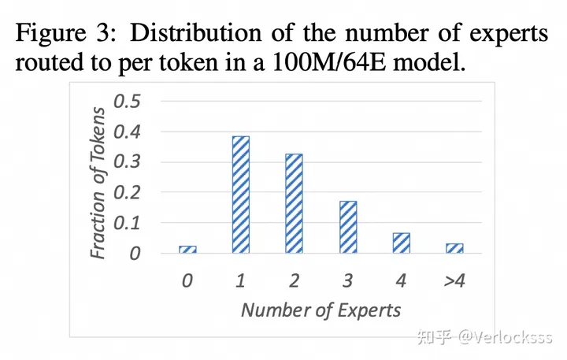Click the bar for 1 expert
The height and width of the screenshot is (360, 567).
click(x=240, y=195)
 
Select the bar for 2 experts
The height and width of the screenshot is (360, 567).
click(x=294, y=203)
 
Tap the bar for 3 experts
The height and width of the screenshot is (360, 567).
click(x=347, y=227)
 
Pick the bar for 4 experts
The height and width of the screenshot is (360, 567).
click(x=401, y=243)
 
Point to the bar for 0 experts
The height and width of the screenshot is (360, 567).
click(x=187, y=249)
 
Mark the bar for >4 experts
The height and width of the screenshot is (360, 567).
click(x=454, y=247)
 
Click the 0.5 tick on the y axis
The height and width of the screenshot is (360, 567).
click(x=128, y=102)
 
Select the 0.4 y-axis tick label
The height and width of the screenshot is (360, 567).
click(x=128, y=132)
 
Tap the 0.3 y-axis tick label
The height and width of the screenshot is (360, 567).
click(x=128, y=162)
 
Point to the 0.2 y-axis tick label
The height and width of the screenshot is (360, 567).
click(x=128, y=193)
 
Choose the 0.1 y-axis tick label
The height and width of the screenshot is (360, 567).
click(x=128, y=223)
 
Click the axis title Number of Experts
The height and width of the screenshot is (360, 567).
click(x=321, y=309)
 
